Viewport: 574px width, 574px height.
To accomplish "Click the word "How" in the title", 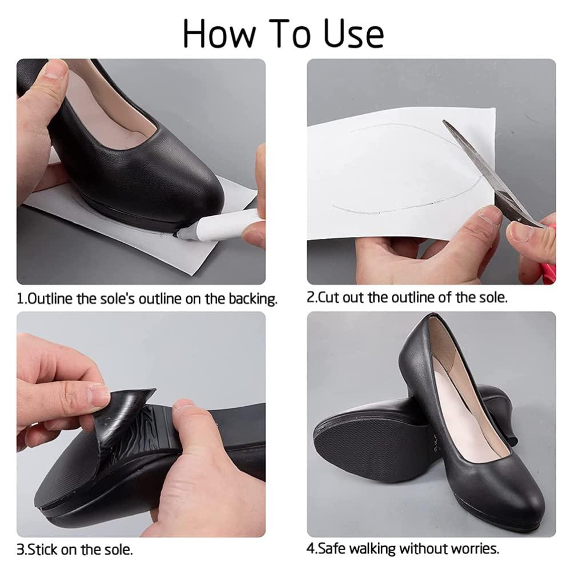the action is click(219, 33).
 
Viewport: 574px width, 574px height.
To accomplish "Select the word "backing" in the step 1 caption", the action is click(253, 299).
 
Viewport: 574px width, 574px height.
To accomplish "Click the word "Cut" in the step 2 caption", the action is click(328, 298).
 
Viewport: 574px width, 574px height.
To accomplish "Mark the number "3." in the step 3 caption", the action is click(22, 550).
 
